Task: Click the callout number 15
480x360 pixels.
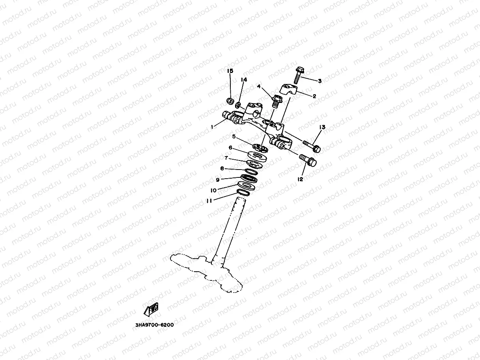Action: pos(230,71)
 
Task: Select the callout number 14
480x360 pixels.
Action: pos(244,80)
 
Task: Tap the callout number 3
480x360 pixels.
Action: pos(319,81)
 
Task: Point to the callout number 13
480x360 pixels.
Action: pos(322,127)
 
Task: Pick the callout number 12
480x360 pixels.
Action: pos(301,179)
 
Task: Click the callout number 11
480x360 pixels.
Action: pos(209,200)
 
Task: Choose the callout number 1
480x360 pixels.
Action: pos(212,127)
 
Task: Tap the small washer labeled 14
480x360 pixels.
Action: pos(238,105)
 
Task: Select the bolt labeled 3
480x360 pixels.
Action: pos(298,75)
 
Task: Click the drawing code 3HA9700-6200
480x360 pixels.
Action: pos(154,325)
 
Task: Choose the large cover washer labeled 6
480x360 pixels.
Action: pos(258,155)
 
